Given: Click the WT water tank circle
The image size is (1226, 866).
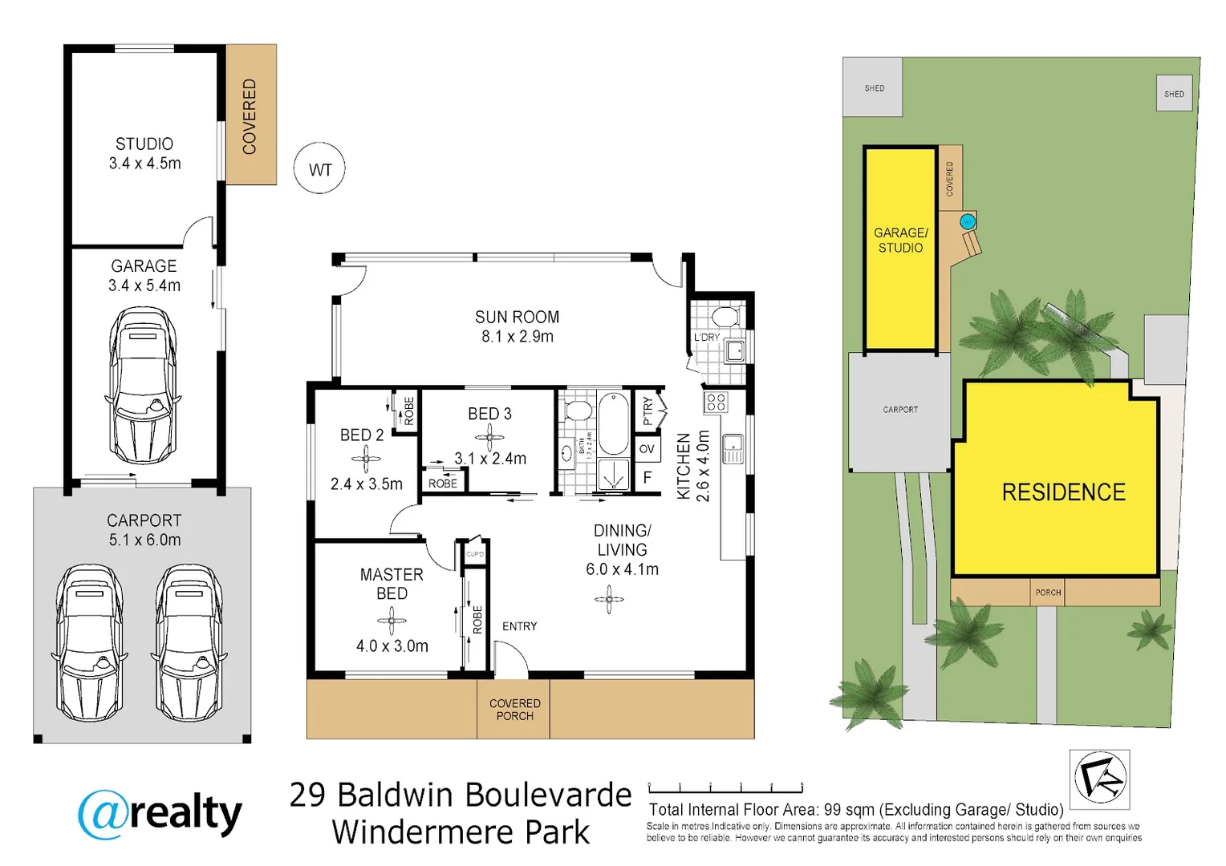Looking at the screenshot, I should coord(319,169).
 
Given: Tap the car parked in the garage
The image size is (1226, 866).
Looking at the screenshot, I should coord(143,385).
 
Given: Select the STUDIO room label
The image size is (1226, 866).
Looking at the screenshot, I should coord(144,144).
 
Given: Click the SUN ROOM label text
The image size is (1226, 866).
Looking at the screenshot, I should coord(517,318).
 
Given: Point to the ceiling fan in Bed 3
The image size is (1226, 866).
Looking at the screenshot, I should coord(489,437).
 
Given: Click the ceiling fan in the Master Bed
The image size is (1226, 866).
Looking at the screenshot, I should coord(392,620).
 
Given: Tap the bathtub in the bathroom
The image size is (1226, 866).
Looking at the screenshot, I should coord(614,423).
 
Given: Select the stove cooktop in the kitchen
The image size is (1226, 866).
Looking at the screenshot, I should coord(716,403).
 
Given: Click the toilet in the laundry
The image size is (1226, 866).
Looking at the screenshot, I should coord(725,315).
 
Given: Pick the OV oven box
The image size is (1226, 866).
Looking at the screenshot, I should coord(647,449).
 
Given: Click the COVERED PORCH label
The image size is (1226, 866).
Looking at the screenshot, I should coord(514,710).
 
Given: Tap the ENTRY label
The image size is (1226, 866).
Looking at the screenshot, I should coord(519,626).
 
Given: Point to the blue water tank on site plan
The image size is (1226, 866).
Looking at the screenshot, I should coord(968,221).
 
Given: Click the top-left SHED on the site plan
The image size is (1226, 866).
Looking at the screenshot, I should coord(873,87).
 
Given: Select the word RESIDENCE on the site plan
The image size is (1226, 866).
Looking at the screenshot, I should coord(1063,492).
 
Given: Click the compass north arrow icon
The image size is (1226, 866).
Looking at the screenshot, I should coord(1099,779).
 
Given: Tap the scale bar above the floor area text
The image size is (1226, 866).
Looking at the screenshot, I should coord(725,788).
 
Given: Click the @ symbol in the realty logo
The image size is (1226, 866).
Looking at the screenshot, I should coord(103,814).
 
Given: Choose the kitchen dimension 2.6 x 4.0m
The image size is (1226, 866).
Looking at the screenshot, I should coord(703,467).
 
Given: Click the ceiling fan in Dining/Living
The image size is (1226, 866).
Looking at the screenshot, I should coord(609,599).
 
